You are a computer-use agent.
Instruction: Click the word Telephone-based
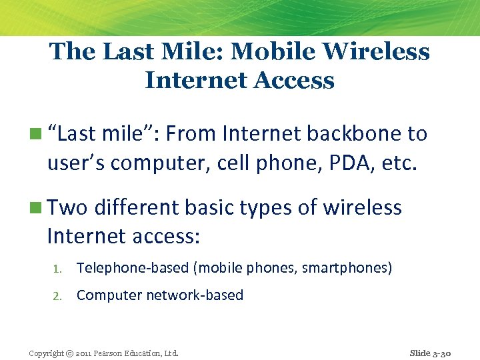click(x=133, y=268)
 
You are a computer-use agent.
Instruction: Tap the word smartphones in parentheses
click(x=345, y=268)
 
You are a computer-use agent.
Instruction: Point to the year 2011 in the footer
click(x=86, y=353)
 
